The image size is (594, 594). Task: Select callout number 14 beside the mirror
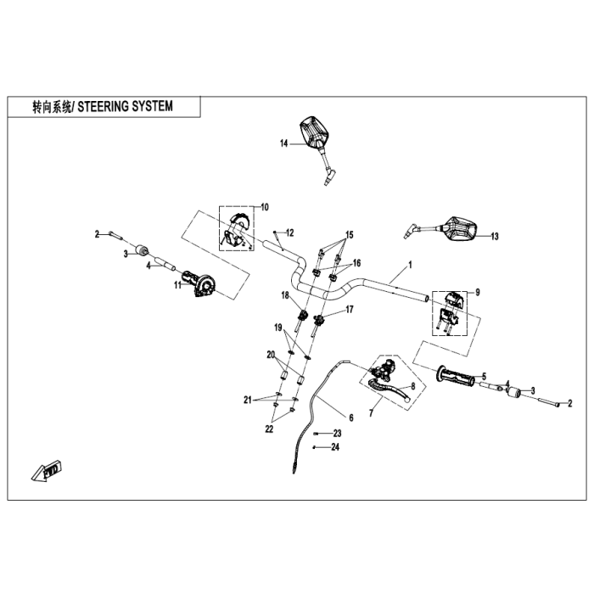(284, 143)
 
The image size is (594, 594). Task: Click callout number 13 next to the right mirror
(495, 236)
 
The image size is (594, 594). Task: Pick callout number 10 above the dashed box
(264, 206)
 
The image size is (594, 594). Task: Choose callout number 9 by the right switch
(477, 292)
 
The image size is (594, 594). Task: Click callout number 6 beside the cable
(350, 417)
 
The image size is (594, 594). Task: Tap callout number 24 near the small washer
(336, 446)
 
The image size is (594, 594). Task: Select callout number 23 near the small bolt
(336, 434)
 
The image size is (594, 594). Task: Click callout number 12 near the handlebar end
(289, 233)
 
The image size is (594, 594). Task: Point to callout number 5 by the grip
(483, 375)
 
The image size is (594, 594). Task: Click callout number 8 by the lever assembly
(412, 385)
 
